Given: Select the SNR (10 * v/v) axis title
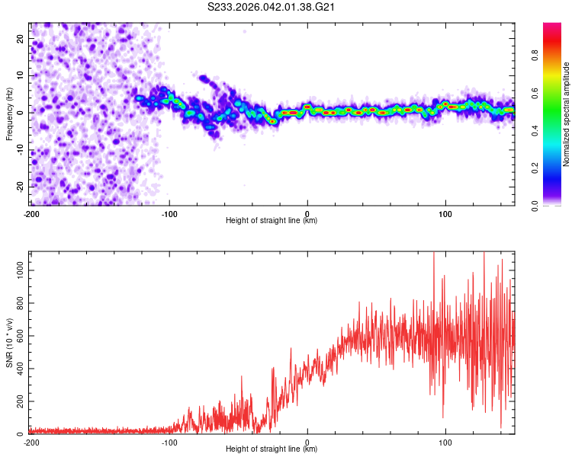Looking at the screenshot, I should click(9, 344).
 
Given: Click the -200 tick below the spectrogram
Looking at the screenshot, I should click(31, 214).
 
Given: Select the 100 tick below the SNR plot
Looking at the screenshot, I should click(445, 443).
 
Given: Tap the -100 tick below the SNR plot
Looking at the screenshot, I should click(169, 443).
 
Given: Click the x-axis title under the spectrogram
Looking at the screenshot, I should click(272, 221).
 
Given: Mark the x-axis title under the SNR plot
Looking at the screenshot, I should click(272, 449).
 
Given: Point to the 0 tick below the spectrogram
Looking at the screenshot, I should click(307, 214).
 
